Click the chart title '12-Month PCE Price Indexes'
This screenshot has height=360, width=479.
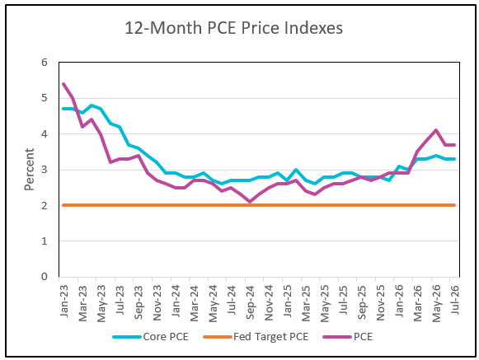click(233, 28)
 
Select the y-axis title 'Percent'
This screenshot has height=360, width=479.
click(30, 170)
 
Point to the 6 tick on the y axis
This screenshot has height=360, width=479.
click(45, 63)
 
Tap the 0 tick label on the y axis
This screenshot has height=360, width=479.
click(45, 277)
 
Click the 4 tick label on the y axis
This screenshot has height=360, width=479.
click(45, 134)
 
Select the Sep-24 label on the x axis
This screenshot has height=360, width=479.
click(250, 302)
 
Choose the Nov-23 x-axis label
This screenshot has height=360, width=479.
click(157, 302)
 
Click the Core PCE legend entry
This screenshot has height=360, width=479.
click(151, 337)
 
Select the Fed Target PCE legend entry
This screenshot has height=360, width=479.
click(256, 337)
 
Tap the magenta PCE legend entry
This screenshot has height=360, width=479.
click(348, 337)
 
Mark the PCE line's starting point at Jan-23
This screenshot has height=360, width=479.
click(63, 84)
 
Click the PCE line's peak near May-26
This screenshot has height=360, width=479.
click(436, 130)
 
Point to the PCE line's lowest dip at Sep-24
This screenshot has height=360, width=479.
click(250, 202)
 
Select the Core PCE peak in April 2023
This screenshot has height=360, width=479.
click(92, 105)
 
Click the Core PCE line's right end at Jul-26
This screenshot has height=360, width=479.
click(454, 159)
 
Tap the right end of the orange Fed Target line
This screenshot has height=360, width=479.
click(455, 205)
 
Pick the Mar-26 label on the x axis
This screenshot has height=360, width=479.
click(417, 303)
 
